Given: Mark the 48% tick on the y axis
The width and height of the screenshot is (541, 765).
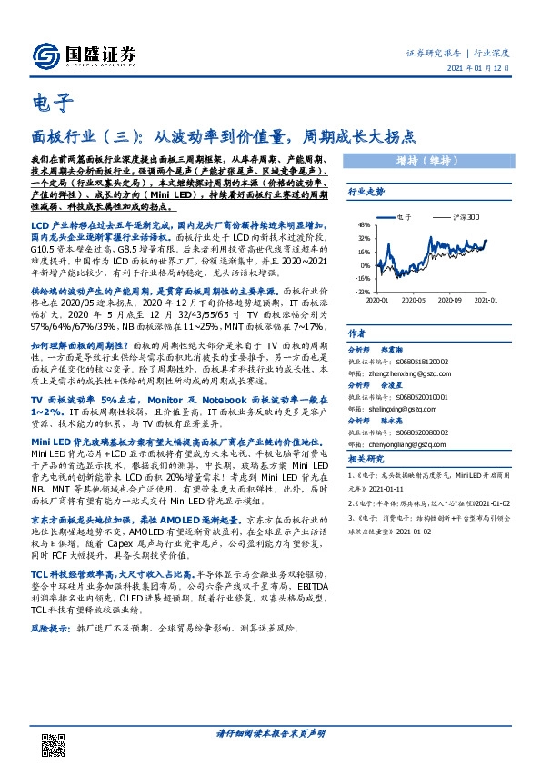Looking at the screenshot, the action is pos(363,224).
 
